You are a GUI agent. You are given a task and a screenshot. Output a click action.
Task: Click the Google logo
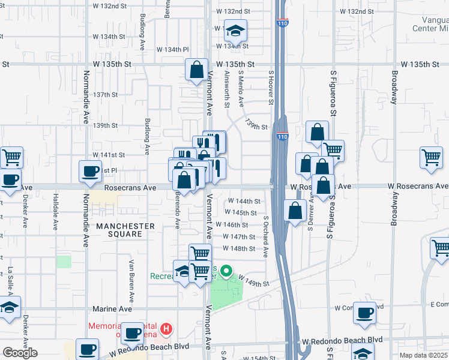(20, 353)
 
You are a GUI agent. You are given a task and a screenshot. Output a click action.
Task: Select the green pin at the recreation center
(226, 272)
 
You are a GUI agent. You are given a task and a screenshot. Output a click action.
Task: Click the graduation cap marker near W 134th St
(236, 31)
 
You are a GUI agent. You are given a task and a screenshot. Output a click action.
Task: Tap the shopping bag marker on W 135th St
(196, 70)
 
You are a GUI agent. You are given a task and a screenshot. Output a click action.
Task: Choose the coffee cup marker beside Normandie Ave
(90, 172)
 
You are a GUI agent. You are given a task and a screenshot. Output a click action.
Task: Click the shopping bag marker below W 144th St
(295, 212)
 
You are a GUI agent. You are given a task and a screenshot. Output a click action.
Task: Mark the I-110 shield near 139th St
(282, 136)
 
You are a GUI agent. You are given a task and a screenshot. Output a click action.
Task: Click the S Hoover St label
(271, 88)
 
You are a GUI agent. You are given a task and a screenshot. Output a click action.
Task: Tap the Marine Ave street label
(112, 308)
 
